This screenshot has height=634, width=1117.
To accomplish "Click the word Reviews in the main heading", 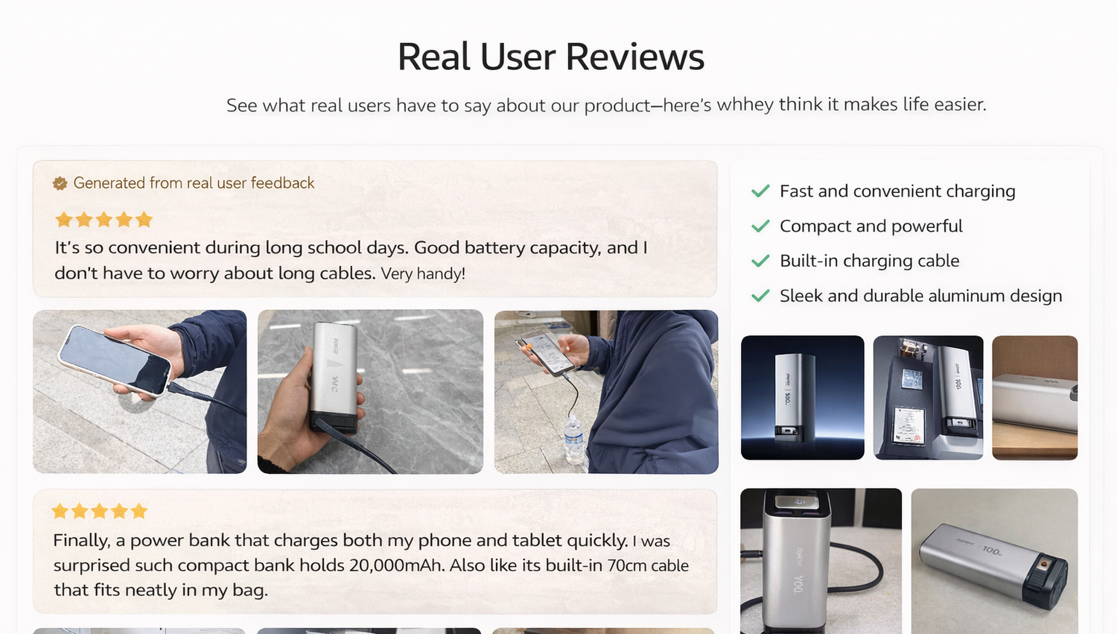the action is [634, 57].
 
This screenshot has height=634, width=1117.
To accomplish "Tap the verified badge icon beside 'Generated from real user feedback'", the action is [60, 183].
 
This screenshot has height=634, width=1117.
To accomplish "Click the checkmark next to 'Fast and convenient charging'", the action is [760, 191].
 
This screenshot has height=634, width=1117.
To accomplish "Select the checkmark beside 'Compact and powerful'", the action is [760, 226].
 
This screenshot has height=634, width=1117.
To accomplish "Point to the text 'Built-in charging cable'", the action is [869, 261].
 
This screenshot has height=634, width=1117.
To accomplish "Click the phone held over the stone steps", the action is [115, 360].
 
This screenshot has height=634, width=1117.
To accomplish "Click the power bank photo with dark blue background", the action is [802, 398].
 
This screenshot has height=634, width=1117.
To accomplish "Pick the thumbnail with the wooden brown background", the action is [1035, 398].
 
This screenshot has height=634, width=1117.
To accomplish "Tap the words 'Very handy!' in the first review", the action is [423, 273].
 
